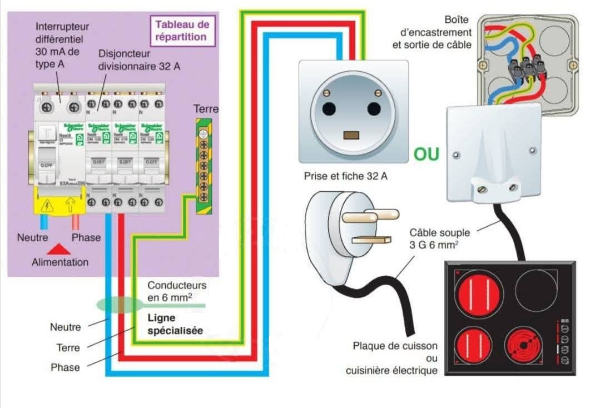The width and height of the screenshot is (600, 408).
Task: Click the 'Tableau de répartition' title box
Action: point(182,31)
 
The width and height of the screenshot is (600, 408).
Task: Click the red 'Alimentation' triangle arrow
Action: point(59,250)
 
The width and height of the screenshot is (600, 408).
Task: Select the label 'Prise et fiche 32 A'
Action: point(345,176)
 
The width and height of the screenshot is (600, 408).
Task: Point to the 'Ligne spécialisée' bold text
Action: point(174,324)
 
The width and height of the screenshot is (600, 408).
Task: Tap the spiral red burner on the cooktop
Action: point(523,348)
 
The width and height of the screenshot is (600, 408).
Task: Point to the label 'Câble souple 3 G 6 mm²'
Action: point(439,238)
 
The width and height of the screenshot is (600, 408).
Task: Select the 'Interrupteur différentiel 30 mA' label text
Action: point(62,45)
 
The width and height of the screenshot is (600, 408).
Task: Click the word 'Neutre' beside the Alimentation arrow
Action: point(32,237)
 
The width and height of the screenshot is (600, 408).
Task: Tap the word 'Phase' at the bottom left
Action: point(65,367)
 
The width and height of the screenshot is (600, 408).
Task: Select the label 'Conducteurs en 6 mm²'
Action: point(177,291)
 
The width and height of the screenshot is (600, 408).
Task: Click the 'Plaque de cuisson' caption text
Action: point(395,346)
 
